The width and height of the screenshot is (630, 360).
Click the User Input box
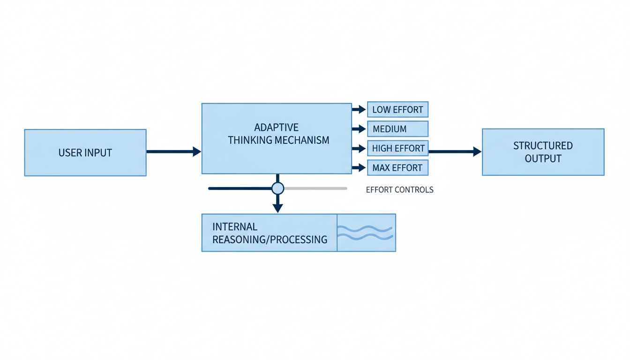click(x=85, y=153)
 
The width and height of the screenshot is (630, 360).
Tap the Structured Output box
click(x=543, y=152)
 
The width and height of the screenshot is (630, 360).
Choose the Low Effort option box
click(x=397, y=110)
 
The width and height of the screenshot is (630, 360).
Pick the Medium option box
click(x=397, y=129)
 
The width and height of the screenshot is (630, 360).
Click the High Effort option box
click(x=397, y=149)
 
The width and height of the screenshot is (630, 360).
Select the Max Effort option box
click(x=397, y=168)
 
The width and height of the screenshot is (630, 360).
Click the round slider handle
click(x=278, y=188)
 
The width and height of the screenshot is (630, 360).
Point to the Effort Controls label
click(x=399, y=190)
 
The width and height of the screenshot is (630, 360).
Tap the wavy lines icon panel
click(x=366, y=232)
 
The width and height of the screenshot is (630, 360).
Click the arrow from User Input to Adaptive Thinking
click(x=173, y=151)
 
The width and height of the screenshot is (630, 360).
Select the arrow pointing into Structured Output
click(x=455, y=151)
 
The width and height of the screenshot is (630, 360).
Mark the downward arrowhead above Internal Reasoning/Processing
click(x=278, y=207)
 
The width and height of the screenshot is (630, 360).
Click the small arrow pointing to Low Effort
click(x=359, y=110)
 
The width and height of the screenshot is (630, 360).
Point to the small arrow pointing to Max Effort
click(x=359, y=168)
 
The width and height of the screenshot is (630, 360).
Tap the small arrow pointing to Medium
click(x=359, y=129)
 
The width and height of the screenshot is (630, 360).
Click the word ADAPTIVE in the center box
click(x=276, y=127)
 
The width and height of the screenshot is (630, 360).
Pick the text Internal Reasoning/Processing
click(x=270, y=233)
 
